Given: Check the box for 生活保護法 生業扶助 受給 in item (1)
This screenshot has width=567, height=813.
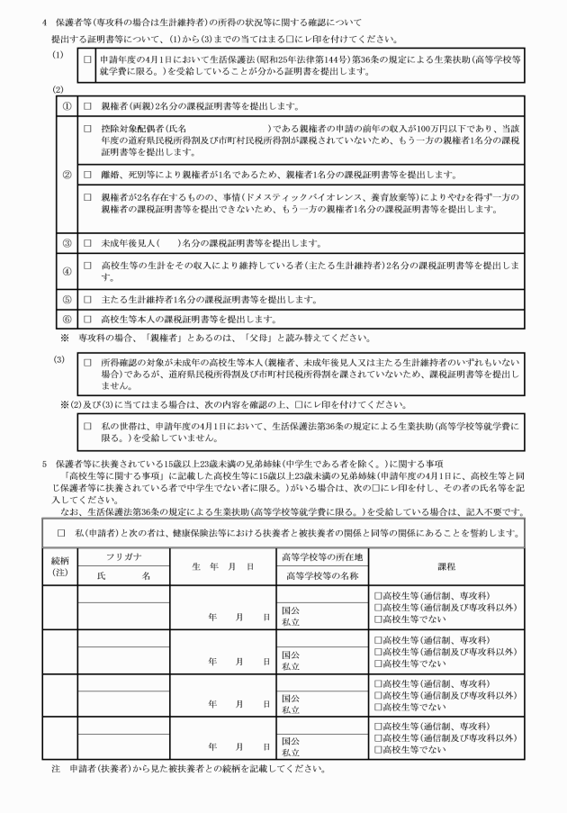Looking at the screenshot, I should [86, 59].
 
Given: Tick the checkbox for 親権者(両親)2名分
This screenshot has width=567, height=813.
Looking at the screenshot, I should [87, 105].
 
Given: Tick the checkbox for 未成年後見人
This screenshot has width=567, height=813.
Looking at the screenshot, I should [87, 243].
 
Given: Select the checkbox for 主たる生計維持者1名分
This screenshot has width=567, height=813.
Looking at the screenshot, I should [87, 299].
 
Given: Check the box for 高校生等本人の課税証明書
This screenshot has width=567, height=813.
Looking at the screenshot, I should [87, 320].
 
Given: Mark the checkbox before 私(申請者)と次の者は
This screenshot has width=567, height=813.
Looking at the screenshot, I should [60, 531].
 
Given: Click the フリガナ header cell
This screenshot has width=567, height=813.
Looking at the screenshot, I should [124, 559].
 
